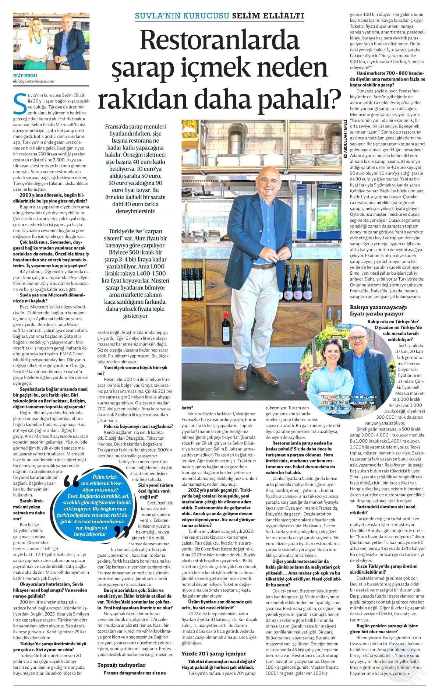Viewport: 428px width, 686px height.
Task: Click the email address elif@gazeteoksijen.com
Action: pyautogui.click(x=33, y=81)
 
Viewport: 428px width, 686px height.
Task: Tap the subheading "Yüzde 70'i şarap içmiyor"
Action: pyautogui.click(x=214, y=653)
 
